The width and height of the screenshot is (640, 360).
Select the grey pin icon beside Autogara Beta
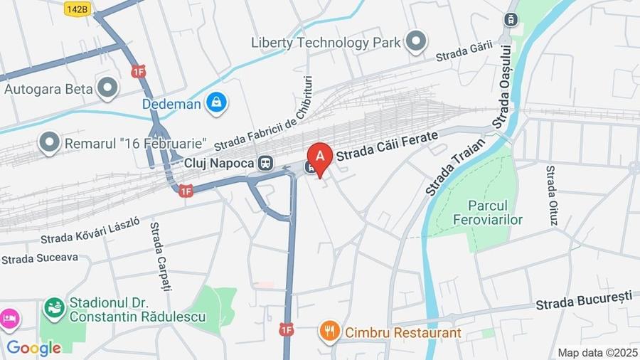tap(107, 88)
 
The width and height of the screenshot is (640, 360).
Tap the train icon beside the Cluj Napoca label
tap(265, 163)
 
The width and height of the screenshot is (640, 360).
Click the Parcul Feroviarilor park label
tap(496, 212)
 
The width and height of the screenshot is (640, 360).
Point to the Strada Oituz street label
tap(552, 196)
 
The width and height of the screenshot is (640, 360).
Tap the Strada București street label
tap(584, 300)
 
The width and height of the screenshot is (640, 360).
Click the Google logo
tap(33, 348)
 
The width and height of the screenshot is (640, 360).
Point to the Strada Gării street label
tap(464, 49)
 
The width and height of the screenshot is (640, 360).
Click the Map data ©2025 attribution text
tap(597, 352)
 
